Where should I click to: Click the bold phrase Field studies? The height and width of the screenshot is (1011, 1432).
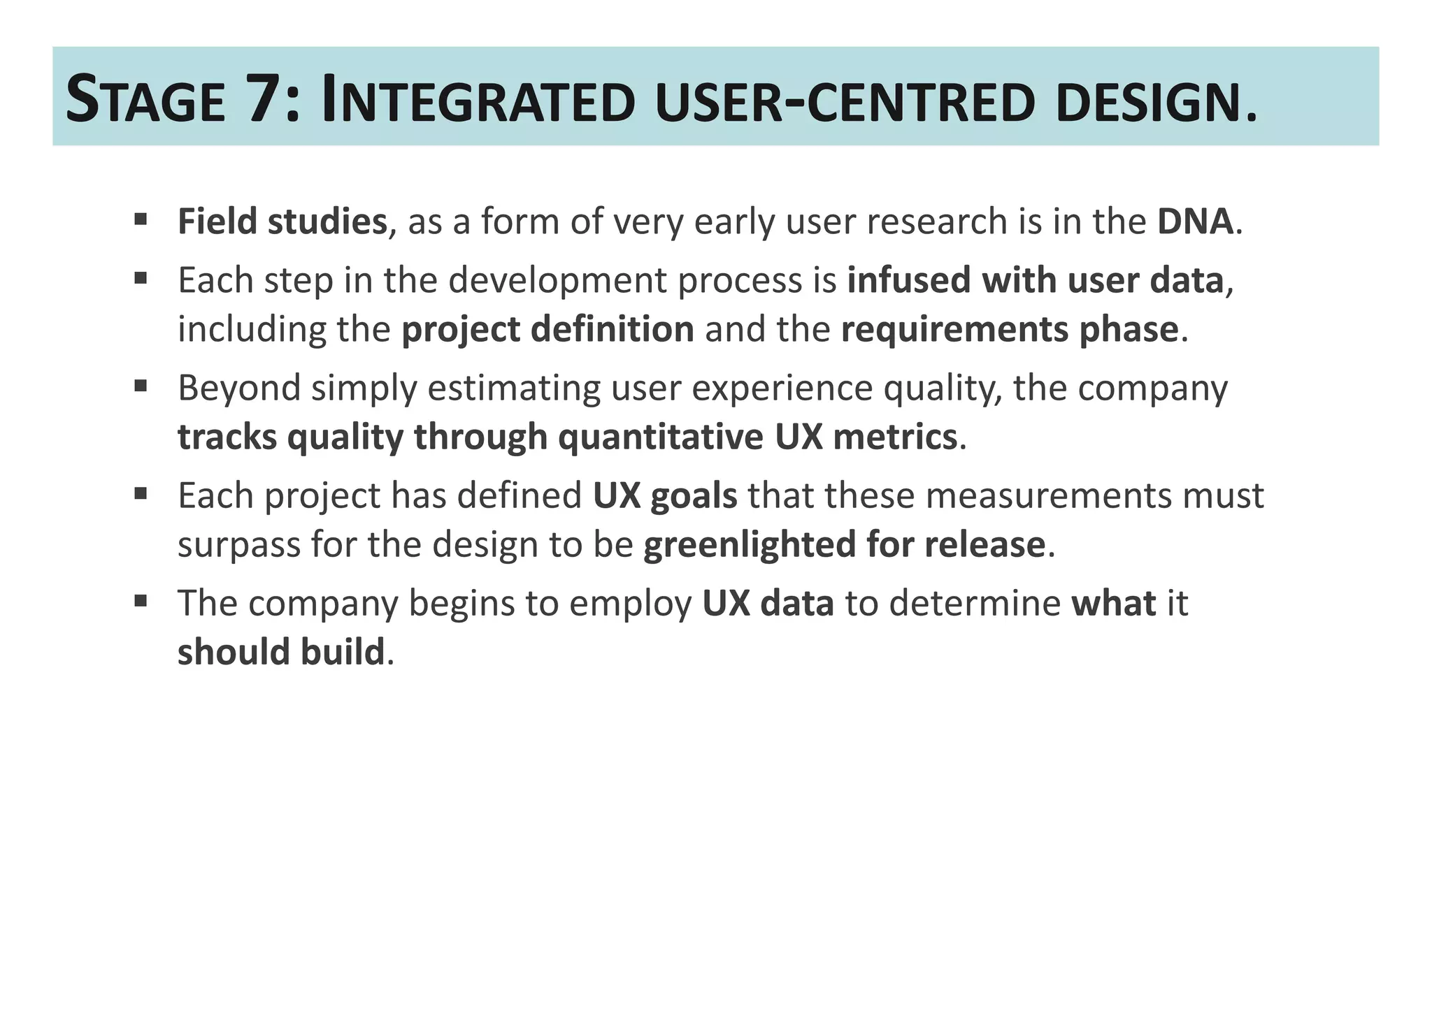point(282,221)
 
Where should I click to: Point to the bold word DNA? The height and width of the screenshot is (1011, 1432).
point(1195,221)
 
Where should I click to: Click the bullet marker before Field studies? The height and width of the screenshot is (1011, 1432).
point(141,220)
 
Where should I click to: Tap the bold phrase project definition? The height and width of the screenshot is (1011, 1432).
point(547,329)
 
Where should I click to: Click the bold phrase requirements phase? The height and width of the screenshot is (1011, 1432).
point(1010,329)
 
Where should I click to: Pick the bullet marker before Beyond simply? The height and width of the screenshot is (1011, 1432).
point(141,386)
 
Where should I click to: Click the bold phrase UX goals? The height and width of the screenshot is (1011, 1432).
point(664,495)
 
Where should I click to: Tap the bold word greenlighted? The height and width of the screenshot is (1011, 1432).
point(749,544)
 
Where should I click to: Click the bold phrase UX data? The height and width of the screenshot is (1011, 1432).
point(768,603)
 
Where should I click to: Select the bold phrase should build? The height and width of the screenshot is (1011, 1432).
point(281,652)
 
